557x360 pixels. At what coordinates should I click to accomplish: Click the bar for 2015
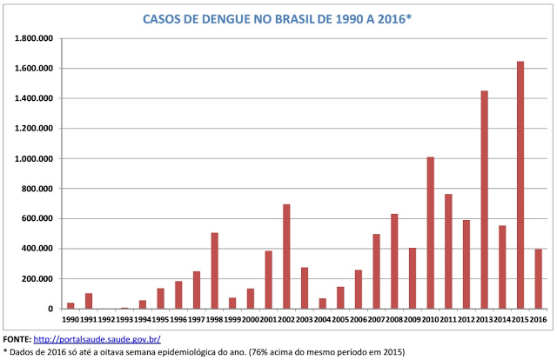pos(520,184)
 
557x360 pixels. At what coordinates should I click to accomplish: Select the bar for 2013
pos(484,199)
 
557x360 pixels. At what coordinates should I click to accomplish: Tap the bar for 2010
pos(430,232)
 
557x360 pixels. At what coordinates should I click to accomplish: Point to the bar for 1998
pos(214,270)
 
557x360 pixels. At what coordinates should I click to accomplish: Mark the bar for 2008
pos(394,261)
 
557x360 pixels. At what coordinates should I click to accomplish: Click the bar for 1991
pos(89,301)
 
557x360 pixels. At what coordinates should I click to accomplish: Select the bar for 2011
pos(448,251)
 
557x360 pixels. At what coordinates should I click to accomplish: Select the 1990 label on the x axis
pos(70,318)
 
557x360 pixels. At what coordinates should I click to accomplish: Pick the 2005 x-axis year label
pos(340,318)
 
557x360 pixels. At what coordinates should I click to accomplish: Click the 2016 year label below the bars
pos(539,318)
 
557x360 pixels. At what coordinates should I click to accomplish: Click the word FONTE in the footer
pos(16,338)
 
